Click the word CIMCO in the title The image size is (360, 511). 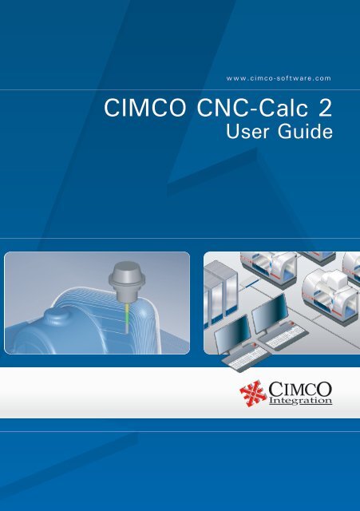click(132, 108)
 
